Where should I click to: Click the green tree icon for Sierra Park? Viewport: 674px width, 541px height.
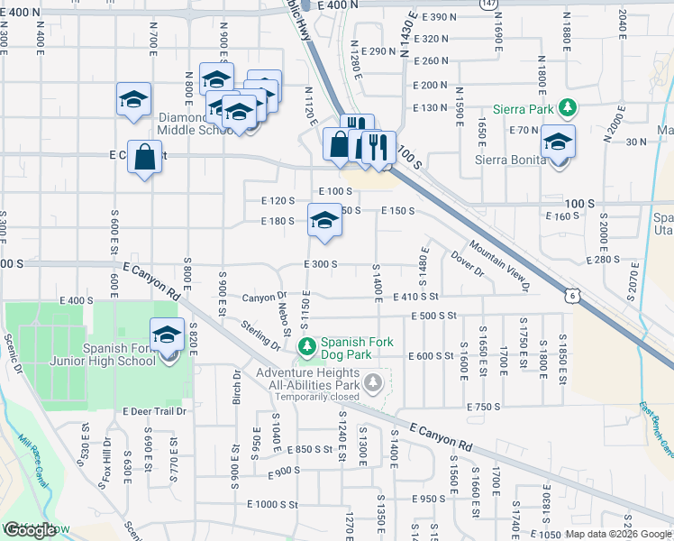click(x=567, y=109)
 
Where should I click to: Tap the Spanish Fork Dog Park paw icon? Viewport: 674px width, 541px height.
click(x=307, y=346)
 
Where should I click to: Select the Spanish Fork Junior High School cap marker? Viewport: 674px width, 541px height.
click(x=167, y=335)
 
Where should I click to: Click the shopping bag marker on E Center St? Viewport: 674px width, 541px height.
click(x=144, y=157)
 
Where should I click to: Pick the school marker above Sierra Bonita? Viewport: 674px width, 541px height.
click(x=558, y=142)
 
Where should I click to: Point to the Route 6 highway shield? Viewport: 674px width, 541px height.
click(x=572, y=294)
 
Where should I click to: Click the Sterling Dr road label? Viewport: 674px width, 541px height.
click(x=260, y=335)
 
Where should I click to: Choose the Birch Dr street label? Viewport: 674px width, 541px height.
click(x=238, y=387)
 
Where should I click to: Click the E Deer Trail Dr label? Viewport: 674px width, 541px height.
click(x=154, y=411)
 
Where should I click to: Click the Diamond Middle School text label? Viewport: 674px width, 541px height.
click(x=196, y=124)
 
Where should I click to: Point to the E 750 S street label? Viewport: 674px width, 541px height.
click(x=483, y=408)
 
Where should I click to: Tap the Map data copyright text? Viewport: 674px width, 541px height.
click(x=617, y=534)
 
